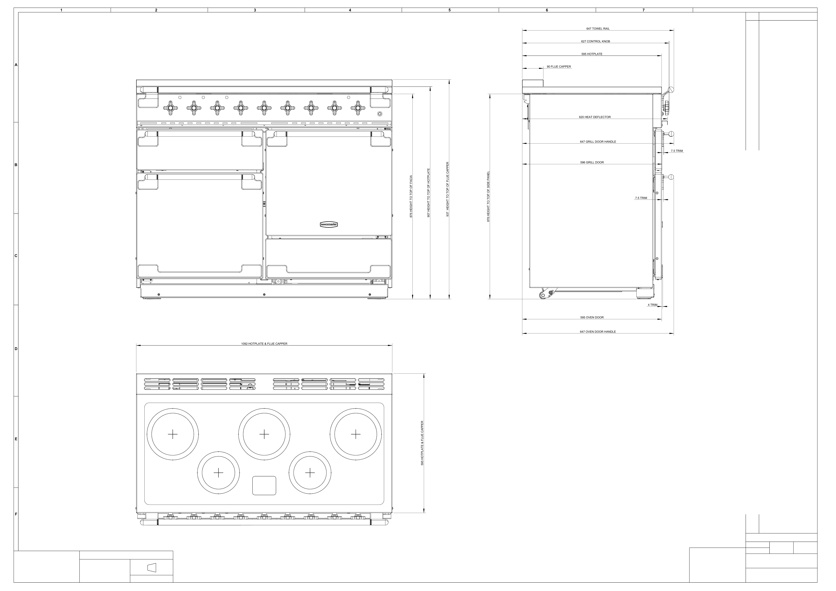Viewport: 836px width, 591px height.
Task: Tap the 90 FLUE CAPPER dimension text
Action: [x=559, y=67]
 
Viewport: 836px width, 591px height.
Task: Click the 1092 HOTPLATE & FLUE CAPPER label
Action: [x=264, y=344]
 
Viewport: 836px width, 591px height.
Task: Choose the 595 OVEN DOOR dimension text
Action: [x=592, y=317]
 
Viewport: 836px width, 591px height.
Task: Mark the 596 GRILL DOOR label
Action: [x=592, y=162]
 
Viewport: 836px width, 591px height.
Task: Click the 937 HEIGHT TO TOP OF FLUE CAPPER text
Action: [x=448, y=189]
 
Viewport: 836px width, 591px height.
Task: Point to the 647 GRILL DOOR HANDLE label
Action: [x=598, y=142]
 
